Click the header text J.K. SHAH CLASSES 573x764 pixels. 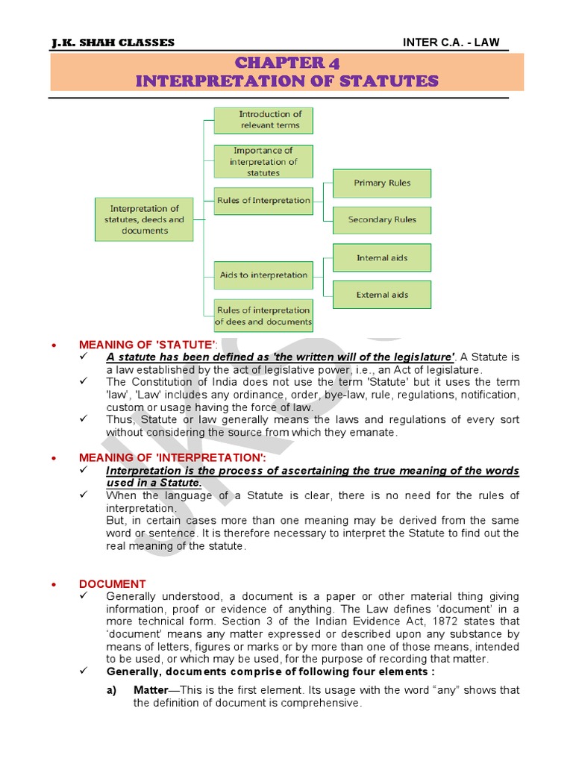tap(113, 43)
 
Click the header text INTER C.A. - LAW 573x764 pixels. tap(451, 43)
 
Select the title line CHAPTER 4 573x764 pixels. tap(286, 62)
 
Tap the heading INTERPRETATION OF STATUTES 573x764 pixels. tap(286, 81)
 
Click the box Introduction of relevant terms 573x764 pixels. tap(263, 120)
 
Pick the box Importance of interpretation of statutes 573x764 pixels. tap(263, 161)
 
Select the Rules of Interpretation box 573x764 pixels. tap(263, 201)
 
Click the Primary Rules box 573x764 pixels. tap(382, 183)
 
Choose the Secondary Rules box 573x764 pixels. tap(382, 220)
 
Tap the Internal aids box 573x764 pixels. tap(382, 258)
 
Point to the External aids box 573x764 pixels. tap(382, 295)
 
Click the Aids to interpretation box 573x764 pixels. tap(263, 275)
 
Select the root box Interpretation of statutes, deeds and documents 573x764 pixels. tap(144, 220)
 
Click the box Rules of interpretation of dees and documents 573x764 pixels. tap(263, 316)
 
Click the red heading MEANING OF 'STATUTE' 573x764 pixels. tap(148, 344)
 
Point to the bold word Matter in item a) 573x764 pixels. tap(151, 690)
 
